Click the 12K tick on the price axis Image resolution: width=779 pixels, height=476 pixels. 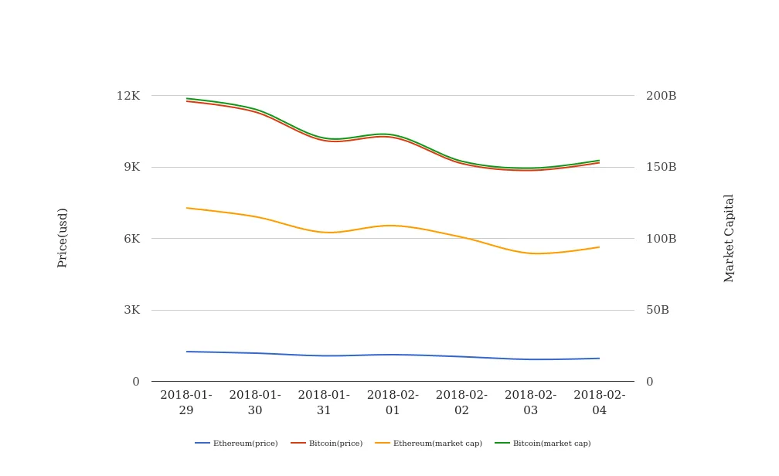point(128,96)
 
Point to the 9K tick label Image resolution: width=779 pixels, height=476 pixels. point(131,167)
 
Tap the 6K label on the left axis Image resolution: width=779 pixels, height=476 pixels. point(131,239)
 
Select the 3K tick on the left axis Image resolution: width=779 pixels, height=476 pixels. point(131,310)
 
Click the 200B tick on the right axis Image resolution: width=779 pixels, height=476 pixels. point(661,96)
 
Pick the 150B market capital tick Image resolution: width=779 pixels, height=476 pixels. point(661,167)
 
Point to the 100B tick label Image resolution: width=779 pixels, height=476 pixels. point(661,239)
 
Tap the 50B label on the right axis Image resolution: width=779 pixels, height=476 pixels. point(658,310)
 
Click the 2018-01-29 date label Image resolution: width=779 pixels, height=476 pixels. point(186,403)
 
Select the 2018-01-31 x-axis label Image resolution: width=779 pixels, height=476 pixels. point(324,403)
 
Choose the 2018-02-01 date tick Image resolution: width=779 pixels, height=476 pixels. point(393,403)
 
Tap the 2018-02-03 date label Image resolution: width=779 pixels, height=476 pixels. point(530,403)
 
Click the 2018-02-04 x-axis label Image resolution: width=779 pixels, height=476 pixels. point(600,403)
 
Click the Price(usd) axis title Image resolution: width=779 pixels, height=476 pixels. point(63,238)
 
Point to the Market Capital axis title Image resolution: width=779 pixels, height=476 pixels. point(729,238)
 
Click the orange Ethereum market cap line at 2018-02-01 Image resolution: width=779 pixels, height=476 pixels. point(393,226)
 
